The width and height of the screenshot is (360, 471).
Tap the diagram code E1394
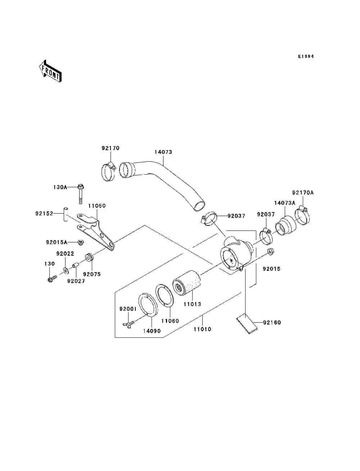(306, 57)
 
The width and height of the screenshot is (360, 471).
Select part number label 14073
(163, 152)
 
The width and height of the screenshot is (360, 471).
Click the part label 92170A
(303, 193)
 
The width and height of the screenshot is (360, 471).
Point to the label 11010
(202, 329)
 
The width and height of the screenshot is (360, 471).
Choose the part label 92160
(272, 322)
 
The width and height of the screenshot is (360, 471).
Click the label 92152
(44, 213)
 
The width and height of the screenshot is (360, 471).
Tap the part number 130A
(60, 187)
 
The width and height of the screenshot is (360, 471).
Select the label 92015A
(57, 242)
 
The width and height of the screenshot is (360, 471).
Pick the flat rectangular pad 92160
(247, 323)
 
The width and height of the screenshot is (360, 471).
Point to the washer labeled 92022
(66, 270)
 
